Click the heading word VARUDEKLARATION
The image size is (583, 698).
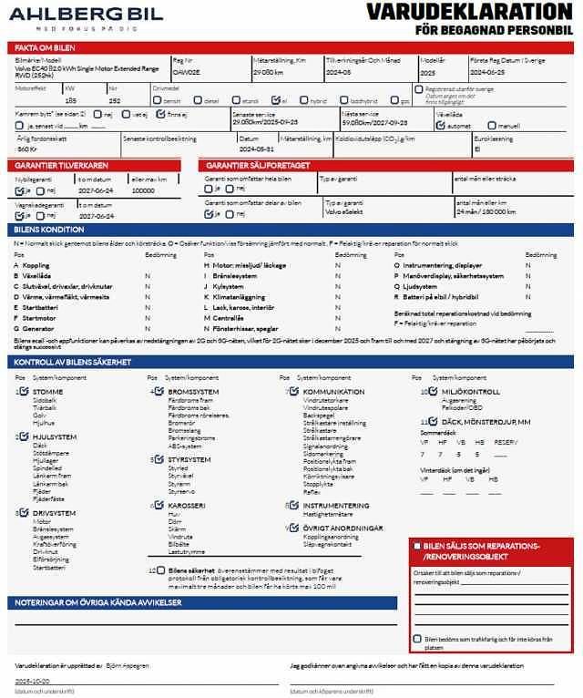pos(468,12)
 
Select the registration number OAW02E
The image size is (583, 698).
pos(185,71)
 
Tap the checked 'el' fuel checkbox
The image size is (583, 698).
pos(275,101)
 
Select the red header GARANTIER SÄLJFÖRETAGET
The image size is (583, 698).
pos(258,165)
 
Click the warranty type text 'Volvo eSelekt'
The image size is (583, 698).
pos(345,211)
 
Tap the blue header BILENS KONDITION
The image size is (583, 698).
pos(50,230)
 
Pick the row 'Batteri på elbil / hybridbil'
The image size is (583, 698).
pos(441,297)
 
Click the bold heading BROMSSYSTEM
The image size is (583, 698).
pos(193,392)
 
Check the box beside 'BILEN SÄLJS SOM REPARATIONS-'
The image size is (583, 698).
pos(416,546)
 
